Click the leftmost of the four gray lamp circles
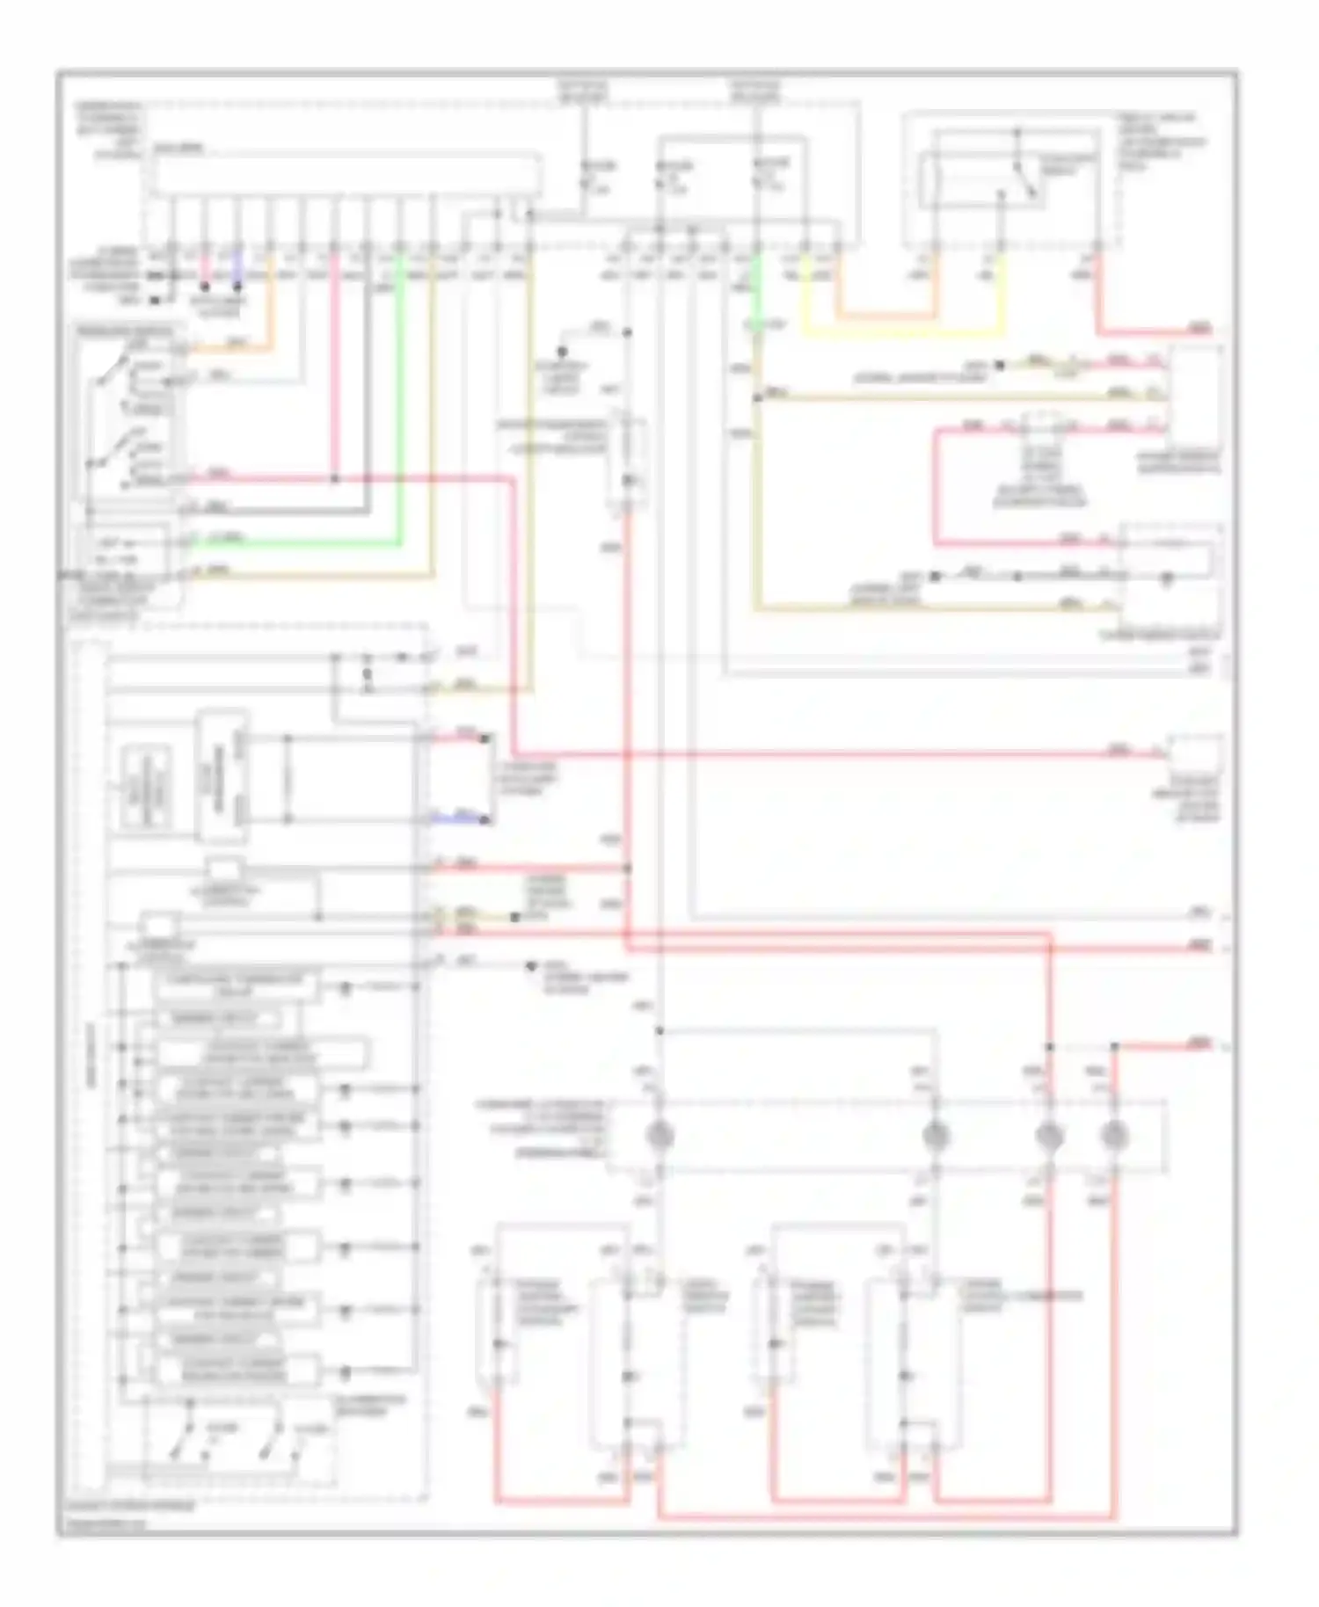(659, 1136)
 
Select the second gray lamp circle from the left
(935, 1136)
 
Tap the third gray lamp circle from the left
(1048, 1136)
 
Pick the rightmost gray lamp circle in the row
(1114, 1136)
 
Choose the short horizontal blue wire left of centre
(457, 818)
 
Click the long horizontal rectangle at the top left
(347, 175)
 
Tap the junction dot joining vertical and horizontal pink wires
(335, 479)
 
